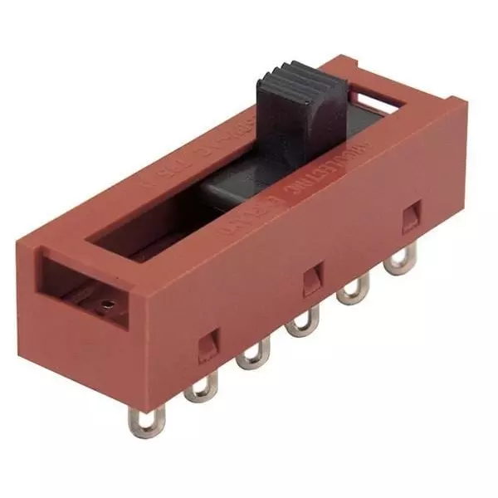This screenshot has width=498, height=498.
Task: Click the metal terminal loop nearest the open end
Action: [148, 419]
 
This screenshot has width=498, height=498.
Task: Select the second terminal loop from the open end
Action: [200, 387]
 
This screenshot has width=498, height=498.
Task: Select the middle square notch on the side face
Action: [314, 278]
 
